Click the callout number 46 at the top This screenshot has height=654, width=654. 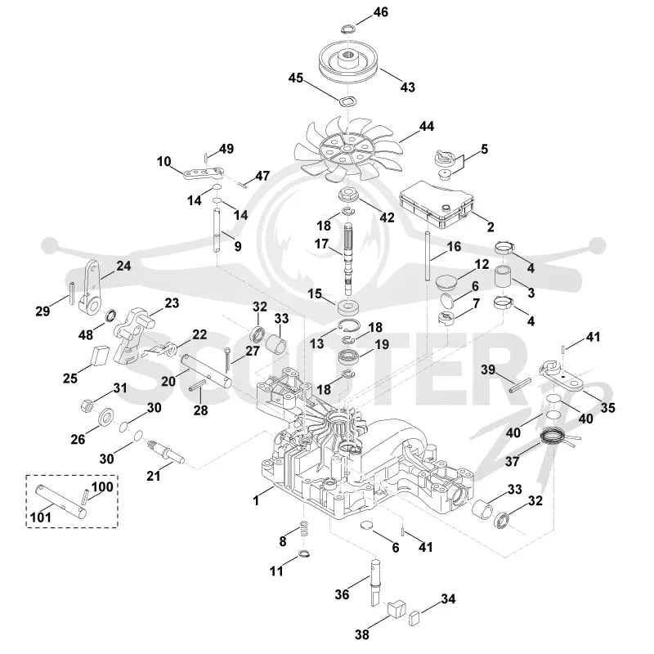click(380, 12)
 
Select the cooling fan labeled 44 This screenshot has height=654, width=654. click(347, 150)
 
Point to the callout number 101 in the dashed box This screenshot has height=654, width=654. click(41, 517)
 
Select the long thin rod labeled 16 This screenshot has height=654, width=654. click(428, 256)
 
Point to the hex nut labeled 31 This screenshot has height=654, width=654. click(87, 405)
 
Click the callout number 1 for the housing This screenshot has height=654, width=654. click(256, 500)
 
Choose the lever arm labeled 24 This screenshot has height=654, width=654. click(90, 288)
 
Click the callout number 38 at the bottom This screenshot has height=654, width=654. click(362, 634)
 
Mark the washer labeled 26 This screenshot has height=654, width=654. click(106, 417)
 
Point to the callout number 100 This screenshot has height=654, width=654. click(102, 486)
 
